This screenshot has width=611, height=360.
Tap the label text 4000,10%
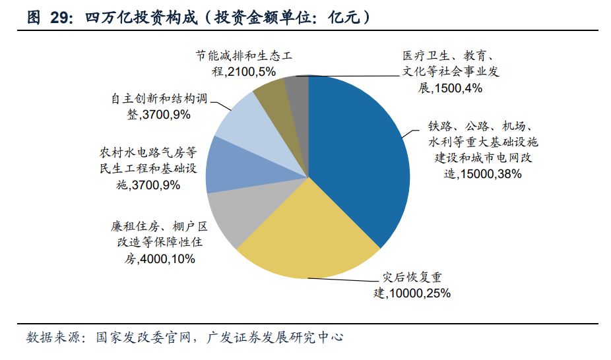[168, 259]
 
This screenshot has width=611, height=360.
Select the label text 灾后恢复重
[415, 277]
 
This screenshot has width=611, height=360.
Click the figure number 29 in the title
[60, 18]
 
